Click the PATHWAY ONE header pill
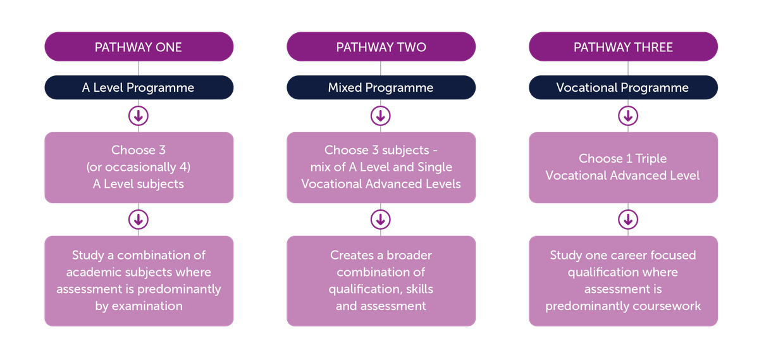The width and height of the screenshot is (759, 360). [x=139, y=47]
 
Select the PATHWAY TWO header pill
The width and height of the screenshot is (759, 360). [x=381, y=47]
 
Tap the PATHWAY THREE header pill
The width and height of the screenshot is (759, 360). [x=623, y=47]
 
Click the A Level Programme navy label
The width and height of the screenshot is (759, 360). [x=139, y=88]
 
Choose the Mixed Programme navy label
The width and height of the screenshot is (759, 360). [x=381, y=88]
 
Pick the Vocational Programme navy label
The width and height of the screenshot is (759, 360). [x=623, y=88]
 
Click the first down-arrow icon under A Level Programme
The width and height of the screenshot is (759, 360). [x=139, y=116]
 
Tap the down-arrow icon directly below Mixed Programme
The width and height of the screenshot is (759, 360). [x=381, y=116]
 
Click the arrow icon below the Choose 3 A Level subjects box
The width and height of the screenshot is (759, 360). [x=139, y=220]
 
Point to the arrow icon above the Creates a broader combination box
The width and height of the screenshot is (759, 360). [x=381, y=220]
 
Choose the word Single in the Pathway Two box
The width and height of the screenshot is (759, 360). [x=436, y=167]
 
